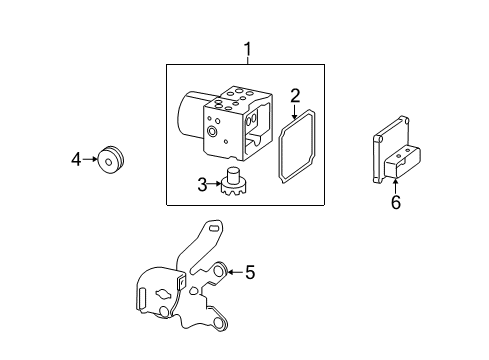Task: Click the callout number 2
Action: (295, 96)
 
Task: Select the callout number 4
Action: (76, 158)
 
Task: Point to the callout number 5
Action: (250, 271)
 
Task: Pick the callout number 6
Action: (395, 202)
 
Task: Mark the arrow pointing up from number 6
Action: (395, 186)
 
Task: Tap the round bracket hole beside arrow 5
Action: (219, 269)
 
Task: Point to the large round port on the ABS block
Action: (213, 133)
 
